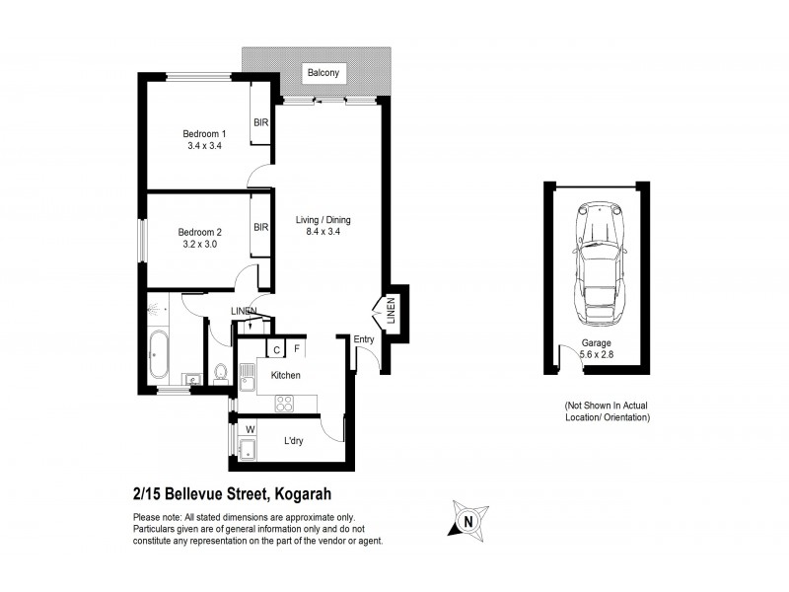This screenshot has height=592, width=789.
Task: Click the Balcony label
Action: point(323,73)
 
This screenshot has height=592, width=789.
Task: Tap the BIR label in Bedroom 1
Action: point(261,123)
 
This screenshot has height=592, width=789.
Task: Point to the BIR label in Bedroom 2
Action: point(261,227)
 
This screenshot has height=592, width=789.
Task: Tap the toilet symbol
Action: point(221,373)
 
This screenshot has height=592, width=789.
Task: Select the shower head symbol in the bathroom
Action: point(156,308)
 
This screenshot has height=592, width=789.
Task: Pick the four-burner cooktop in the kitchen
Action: point(285,403)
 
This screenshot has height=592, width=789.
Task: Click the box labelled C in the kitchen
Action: point(277,348)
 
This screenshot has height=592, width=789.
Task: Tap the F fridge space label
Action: point(297,348)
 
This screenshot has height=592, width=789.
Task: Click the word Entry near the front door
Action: point(365,340)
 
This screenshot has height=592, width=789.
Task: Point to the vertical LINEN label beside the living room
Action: point(392,311)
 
